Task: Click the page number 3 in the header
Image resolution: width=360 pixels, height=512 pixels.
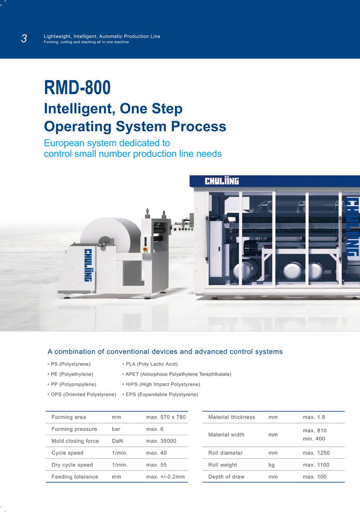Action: click(24, 39)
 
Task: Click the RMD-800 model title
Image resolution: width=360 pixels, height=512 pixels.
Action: click(77, 87)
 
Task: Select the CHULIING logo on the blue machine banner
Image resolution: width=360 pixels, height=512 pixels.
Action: click(222, 181)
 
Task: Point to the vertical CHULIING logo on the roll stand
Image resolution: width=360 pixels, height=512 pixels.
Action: click(88, 265)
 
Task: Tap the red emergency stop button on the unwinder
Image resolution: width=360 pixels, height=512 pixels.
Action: click(145, 250)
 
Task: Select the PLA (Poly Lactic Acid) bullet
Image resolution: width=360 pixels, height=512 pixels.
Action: click(150, 364)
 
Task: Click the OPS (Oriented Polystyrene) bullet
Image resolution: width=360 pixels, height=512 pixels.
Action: click(82, 395)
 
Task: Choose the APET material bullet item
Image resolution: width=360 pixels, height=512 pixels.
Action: click(177, 374)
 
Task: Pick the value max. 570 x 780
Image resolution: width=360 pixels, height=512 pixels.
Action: click(166, 417)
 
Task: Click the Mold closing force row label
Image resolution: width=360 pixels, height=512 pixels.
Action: click(75, 441)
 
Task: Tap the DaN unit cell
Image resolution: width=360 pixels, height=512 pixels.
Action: click(117, 441)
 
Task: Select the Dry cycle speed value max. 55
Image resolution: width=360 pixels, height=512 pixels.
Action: click(156, 465)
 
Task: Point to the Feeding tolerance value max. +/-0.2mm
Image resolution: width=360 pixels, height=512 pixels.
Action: click(165, 477)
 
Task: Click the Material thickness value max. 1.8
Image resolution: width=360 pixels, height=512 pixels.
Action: click(314, 417)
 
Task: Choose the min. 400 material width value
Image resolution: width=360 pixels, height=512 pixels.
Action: click(314, 439)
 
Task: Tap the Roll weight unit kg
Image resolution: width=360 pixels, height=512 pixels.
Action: click(272, 465)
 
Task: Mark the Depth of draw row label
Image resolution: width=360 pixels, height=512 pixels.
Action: click(226, 477)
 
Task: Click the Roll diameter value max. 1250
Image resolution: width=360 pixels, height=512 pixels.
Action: click(316, 453)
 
